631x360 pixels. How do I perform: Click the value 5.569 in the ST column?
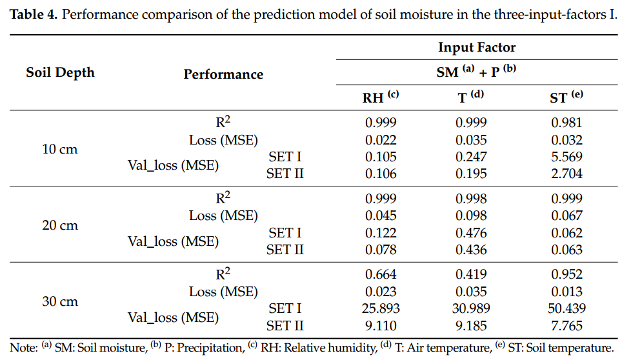pos(566,157)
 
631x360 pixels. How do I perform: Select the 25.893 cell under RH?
pos(381,308)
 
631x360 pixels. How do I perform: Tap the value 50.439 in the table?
pos(566,308)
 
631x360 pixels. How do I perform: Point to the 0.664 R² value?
pos(381,274)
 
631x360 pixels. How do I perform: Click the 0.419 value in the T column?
pos(471,274)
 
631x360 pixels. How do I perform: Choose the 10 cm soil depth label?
pos(59,149)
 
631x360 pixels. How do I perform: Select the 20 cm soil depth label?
pos(59,225)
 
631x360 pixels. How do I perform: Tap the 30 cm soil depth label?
pos(59,301)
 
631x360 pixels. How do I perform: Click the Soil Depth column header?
pos(61,73)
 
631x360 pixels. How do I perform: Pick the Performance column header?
pos(223,74)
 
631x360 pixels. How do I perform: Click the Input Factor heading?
pos(477,48)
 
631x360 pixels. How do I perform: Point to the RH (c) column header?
pos(380,97)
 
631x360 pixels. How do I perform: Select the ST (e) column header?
pos(566,97)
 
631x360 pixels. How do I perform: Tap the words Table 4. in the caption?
pos(34,15)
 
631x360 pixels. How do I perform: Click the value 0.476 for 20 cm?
pos(471,233)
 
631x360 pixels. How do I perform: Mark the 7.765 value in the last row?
pos(566,326)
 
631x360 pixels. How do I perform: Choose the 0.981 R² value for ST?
pos(566,123)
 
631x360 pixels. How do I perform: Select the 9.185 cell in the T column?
pos(471,326)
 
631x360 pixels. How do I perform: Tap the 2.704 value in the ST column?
pos(566,174)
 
